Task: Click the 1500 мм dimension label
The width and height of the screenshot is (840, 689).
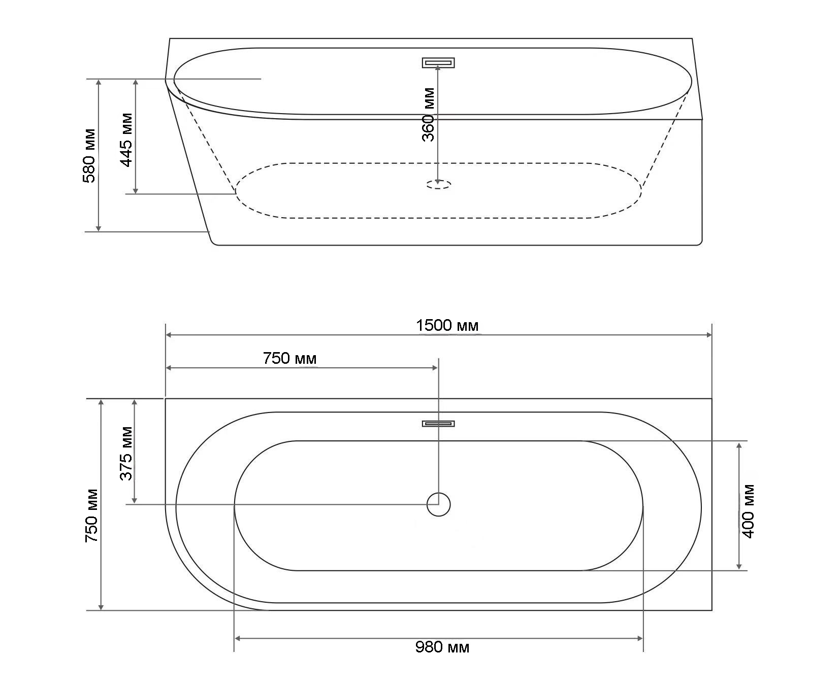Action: pos(447,325)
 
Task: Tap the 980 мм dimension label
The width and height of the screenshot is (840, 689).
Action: pos(442,647)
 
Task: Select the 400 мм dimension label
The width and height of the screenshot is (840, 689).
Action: pos(748,511)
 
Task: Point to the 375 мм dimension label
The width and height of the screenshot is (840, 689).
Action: pos(126,453)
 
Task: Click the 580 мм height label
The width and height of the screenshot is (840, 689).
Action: pos(89,156)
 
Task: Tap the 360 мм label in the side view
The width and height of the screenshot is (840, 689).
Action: pos(429,115)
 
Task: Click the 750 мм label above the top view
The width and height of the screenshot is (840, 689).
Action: pos(290,358)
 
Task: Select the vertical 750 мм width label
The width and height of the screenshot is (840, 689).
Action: pos(91,515)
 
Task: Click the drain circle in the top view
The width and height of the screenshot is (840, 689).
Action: pos(439,504)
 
